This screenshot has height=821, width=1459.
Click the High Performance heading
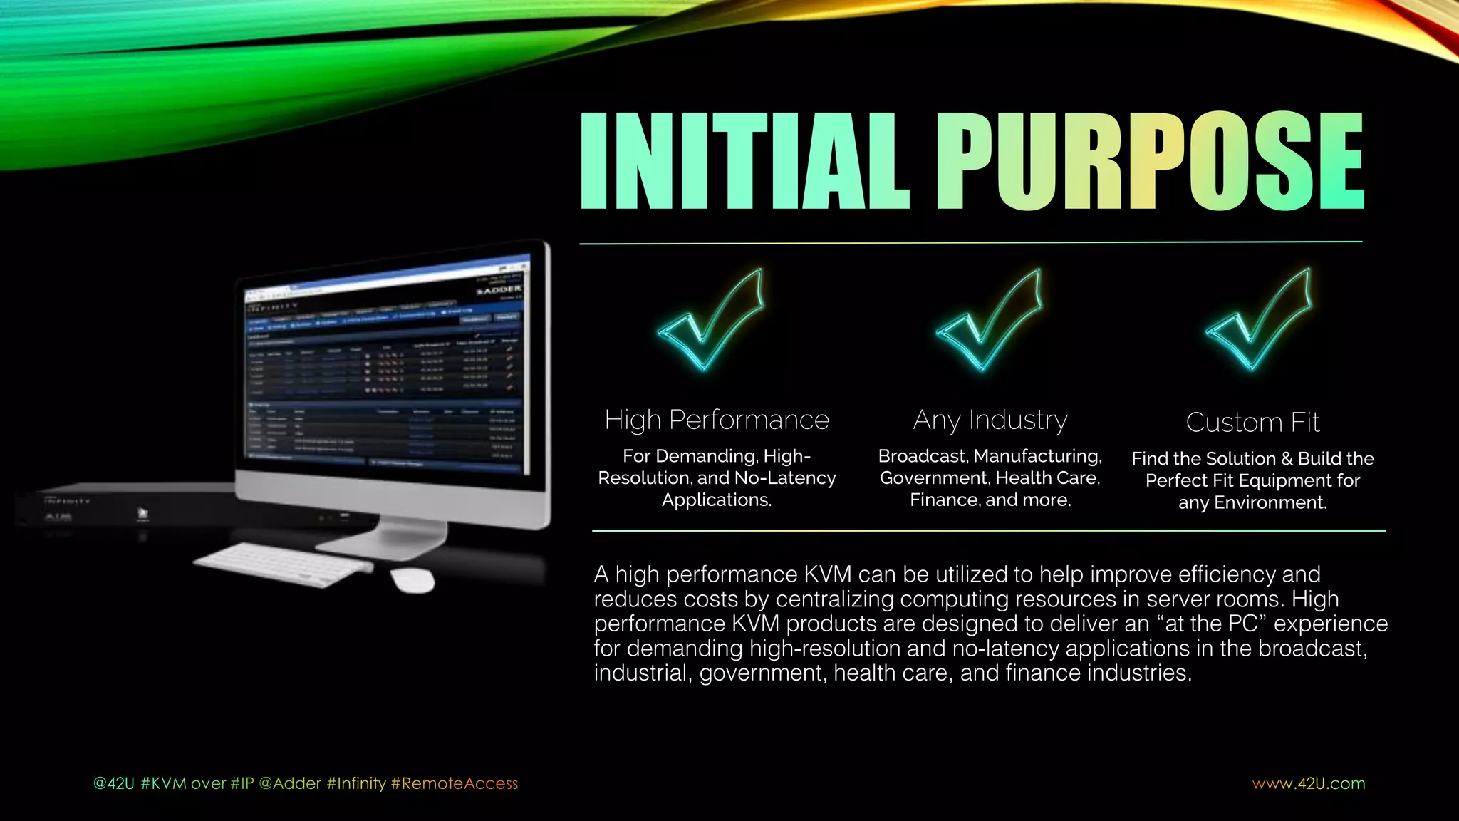click(717, 420)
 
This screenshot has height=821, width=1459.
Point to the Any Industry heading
click(990, 420)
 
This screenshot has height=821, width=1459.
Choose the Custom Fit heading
click(1252, 422)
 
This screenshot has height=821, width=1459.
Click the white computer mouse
click(412, 579)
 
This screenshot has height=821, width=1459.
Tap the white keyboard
click(284, 564)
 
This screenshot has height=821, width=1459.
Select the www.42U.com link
click(1309, 783)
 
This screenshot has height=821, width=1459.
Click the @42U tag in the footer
click(113, 783)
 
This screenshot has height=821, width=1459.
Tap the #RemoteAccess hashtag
click(455, 783)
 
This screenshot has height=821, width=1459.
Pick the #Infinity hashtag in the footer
click(356, 783)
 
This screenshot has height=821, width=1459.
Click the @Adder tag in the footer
click(290, 783)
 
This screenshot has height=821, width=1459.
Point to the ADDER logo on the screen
click(499, 289)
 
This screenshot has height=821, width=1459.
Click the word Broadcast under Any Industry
click(923, 455)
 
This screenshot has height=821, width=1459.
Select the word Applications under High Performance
click(716, 500)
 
